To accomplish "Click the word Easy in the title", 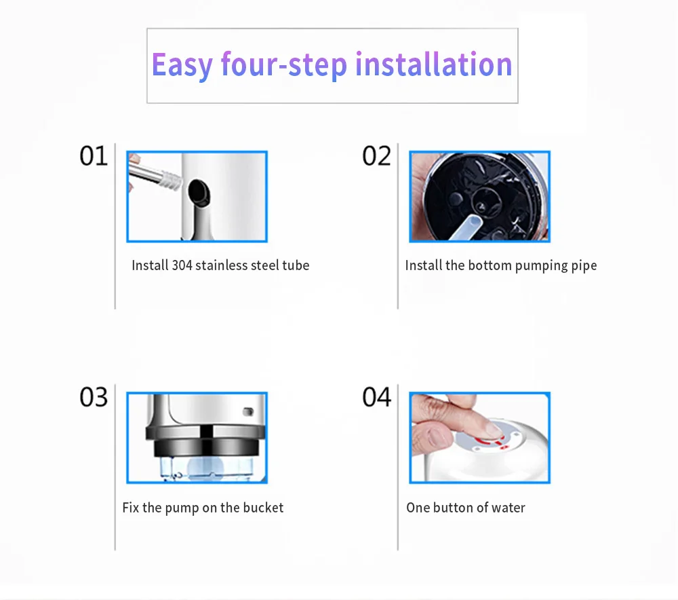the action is click(182, 65).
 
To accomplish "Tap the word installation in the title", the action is click(434, 64).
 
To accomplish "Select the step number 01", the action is click(94, 156).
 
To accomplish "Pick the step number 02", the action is click(376, 156).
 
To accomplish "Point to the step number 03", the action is click(94, 398).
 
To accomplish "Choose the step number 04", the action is click(376, 398).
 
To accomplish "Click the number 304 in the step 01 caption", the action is click(182, 265).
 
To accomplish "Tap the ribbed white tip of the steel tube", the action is click(171, 180).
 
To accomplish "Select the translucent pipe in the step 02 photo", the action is click(466, 227).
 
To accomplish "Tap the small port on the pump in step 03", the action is click(248, 411).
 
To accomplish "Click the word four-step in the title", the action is click(284, 65).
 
